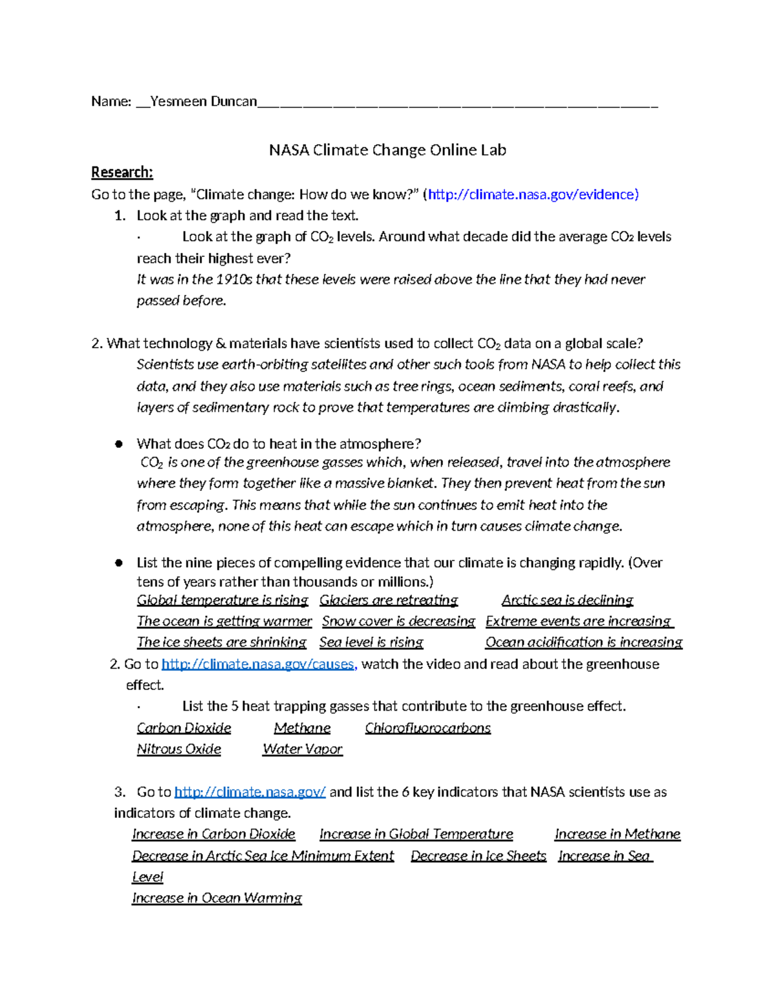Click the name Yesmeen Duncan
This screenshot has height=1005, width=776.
[203, 102]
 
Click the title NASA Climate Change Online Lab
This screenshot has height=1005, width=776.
[387, 150]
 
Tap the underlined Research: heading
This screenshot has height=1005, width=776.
[122, 172]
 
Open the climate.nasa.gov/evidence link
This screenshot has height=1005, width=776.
[533, 194]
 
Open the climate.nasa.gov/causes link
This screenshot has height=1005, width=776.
[258, 664]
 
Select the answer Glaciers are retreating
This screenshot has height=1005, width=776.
[388, 600]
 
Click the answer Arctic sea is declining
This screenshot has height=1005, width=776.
[567, 600]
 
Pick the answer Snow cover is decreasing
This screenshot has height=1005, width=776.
[398, 621]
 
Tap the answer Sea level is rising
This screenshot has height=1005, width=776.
[371, 642]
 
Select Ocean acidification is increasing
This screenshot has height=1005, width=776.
[583, 642]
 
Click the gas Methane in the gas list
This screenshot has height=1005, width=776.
[302, 728]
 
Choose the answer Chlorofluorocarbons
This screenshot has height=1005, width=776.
[427, 728]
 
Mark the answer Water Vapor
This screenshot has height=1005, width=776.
[302, 749]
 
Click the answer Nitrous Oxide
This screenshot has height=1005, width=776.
[178, 749]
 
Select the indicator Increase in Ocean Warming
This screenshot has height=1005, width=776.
[217, 898]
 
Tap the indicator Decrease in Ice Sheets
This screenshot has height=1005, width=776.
[478, 856]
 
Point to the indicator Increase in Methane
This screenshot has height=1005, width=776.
[617, 834]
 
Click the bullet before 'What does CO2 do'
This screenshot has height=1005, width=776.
[118, 444]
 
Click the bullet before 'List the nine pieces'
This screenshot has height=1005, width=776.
[118, 563]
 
